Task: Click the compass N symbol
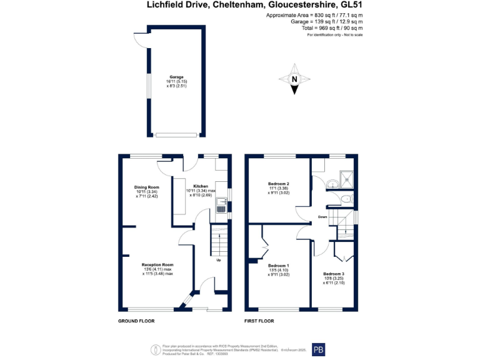[x=294, y=79]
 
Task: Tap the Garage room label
[x=176, y=77]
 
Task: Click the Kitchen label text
[x=201, y=186]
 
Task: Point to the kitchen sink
[x=221, y=208]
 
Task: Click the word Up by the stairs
[x=218, y=260]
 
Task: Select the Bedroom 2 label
[x=278, y=184]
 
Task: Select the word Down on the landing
[x=322, y=217]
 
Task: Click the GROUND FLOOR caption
[x=136, y=321]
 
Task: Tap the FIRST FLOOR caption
[x=259, y=321]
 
